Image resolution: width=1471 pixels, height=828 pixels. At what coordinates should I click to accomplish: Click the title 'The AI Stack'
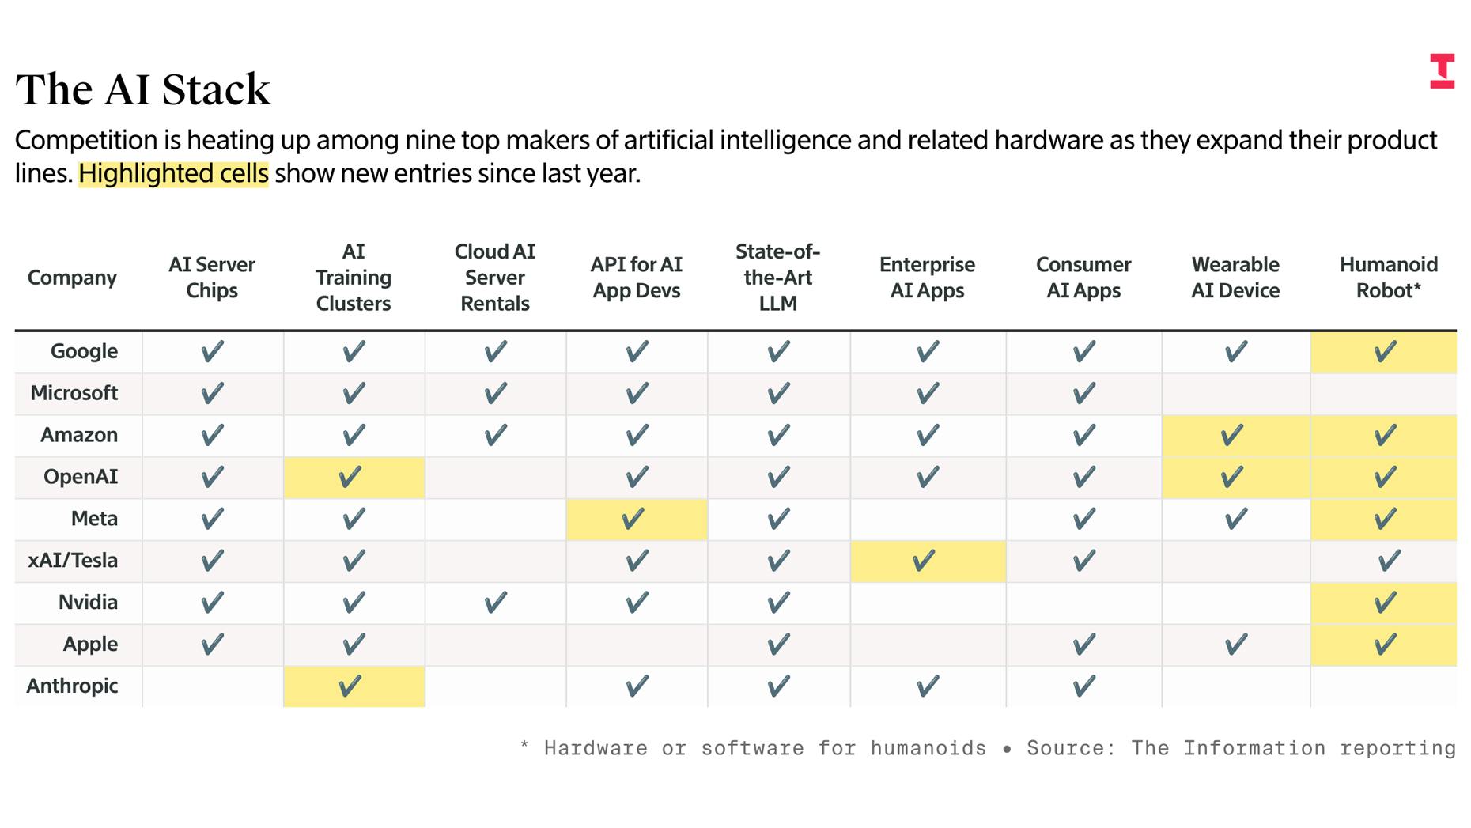[142, 89]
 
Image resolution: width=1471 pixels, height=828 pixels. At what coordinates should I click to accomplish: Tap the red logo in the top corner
[1442, 71]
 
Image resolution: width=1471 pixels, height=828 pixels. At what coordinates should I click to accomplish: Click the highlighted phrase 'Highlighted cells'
[173, 173]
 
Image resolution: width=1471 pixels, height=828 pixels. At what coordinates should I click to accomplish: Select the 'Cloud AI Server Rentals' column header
[495, 277]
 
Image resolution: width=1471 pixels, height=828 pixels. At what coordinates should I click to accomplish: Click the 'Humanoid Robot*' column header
[1388, 277]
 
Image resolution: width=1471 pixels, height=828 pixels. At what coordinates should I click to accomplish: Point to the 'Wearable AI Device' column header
[1235, 277]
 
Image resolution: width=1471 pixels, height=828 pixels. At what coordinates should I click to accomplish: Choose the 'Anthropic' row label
[72, 686]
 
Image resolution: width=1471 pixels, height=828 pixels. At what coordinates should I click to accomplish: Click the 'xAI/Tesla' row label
[73, 560]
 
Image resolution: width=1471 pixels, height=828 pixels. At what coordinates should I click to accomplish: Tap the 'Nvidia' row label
[88, 602]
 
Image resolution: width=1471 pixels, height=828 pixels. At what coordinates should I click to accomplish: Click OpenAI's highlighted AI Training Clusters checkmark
[350, 477]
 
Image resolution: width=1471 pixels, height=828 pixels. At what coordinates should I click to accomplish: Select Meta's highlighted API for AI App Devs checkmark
[633, 519]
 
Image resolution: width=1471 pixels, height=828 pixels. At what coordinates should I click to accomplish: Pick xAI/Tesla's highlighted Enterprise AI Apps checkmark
[924, 561]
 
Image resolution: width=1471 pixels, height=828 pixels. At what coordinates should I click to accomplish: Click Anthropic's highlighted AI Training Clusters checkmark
[350, 686]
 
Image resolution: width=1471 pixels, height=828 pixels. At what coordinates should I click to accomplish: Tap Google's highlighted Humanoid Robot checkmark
[1385, 351]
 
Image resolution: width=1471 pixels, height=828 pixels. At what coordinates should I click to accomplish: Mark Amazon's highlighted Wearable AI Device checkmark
[1231, 435]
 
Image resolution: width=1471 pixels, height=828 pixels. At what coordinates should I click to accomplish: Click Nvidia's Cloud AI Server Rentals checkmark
[495, 603]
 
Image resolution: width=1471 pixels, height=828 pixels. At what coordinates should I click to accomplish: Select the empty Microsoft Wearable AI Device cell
[1235, 393]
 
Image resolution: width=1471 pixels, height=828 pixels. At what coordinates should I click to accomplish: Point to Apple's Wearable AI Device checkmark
[1235, 645]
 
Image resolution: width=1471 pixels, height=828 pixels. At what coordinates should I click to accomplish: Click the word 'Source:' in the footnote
[1070, 748]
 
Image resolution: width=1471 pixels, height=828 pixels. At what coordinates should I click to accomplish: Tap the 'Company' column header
[72, 278]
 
